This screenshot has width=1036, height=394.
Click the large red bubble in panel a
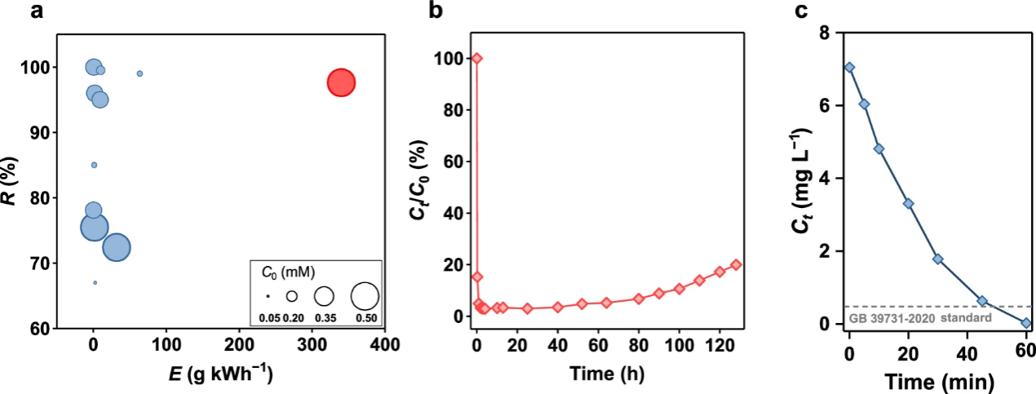pos(341,82)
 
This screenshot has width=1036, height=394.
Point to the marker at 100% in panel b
pos(477,58)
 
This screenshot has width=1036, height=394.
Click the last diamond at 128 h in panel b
pos(736,264)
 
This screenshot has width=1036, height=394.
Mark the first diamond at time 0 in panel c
pos(849,68)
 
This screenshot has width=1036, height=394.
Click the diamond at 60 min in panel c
pos(1025,323)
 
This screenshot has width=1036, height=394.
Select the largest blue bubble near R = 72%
pos(116,247)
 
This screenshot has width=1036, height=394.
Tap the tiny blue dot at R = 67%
pos(95,282)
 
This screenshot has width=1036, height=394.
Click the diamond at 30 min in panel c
pos(937,259)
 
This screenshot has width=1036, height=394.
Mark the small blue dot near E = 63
pos(139,73)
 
